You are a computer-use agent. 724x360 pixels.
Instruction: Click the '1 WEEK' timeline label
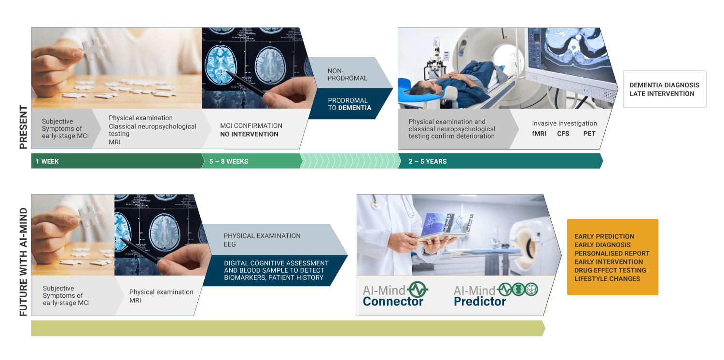pos(47,161)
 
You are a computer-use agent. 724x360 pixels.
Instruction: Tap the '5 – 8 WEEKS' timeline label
pos(229,161)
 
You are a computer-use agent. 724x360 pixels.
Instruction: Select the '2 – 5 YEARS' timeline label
pos(428,161)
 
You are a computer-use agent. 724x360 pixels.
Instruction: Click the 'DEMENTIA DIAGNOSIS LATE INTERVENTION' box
pos(665,89)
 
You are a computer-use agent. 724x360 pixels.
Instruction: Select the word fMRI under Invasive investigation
pos(539,134)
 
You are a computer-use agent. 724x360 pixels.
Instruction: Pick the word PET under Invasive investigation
pos(589,134)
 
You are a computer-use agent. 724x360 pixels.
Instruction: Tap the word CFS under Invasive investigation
pos(563,134)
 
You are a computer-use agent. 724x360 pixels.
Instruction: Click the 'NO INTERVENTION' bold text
pos(249,134)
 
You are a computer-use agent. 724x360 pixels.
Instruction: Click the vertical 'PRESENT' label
pos(23,127)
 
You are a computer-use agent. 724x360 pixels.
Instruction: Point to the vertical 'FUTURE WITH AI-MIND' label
pos(23,262)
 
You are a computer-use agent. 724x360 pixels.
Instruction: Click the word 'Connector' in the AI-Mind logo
pos(393,302)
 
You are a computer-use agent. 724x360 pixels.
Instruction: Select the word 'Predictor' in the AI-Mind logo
pos(480,302)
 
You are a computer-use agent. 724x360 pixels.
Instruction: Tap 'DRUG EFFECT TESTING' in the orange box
pos(610,270)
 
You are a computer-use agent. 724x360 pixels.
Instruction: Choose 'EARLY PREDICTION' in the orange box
pos(604,236)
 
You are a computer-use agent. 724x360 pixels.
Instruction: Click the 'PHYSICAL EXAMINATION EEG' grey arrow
pos(275,240)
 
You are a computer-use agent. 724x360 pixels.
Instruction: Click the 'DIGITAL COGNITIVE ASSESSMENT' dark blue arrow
pos(275,271)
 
